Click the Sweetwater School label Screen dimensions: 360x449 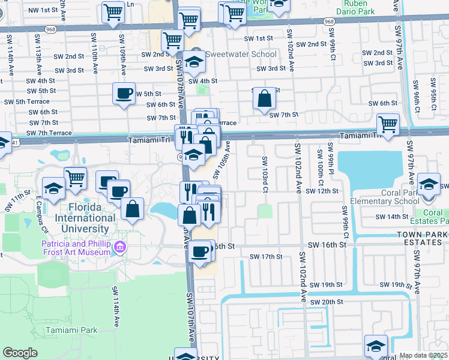coord(241,55)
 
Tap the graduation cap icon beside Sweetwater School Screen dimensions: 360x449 coord(194,61)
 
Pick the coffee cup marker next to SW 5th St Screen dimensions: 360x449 coord(124,94)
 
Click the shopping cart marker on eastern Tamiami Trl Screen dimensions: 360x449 coord(388,125)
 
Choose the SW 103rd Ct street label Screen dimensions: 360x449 coord(264,174)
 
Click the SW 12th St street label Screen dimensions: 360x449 coord(323,191)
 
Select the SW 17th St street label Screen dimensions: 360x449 coord(267,257)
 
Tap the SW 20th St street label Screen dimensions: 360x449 coord(327,301)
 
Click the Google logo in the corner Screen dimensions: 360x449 coord(20,353)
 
